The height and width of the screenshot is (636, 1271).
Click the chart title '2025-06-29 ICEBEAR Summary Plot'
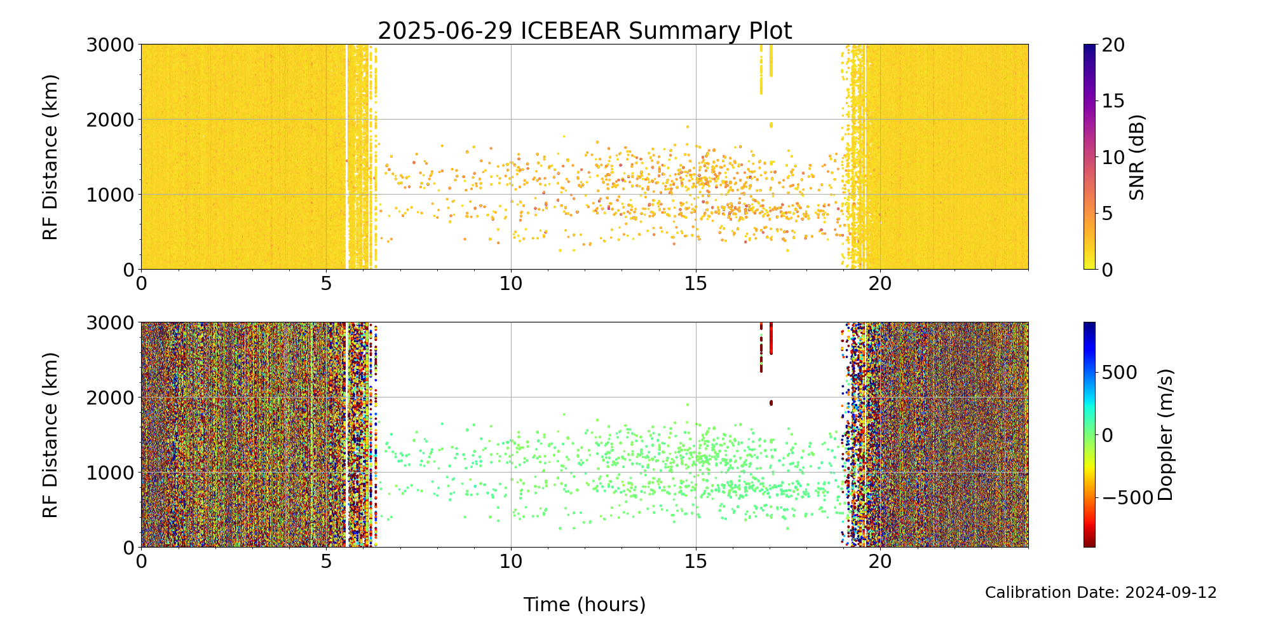[x=585, y=31]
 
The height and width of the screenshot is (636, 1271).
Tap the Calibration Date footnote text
[x=1101, y=593]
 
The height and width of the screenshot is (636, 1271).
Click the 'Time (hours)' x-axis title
[x=585, y=604]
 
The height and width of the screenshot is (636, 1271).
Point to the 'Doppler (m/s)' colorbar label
[x=1166, y=434]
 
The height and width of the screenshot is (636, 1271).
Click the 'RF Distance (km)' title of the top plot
[x=50, y=157]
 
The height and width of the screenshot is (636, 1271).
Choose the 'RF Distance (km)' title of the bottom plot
[x=50, y=434]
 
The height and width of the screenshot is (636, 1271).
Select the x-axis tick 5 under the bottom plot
[x=326, y=560]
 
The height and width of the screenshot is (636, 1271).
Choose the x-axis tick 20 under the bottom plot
[x=880, y=560]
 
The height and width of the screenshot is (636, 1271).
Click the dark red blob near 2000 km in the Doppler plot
[x=771, y=403]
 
